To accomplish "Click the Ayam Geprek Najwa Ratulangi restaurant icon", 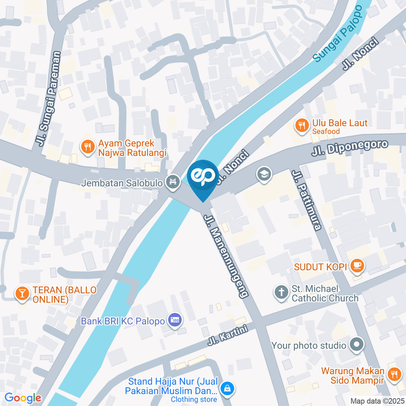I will click(87, 147).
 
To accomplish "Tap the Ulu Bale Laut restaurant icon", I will click(301, 125).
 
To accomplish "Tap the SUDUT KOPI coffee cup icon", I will click(358, 265).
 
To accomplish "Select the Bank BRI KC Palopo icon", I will click(174, 320).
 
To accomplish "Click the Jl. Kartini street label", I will click(227, 337).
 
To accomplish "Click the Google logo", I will click(22, 398).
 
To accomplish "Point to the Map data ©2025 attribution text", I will click(378, 401).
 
